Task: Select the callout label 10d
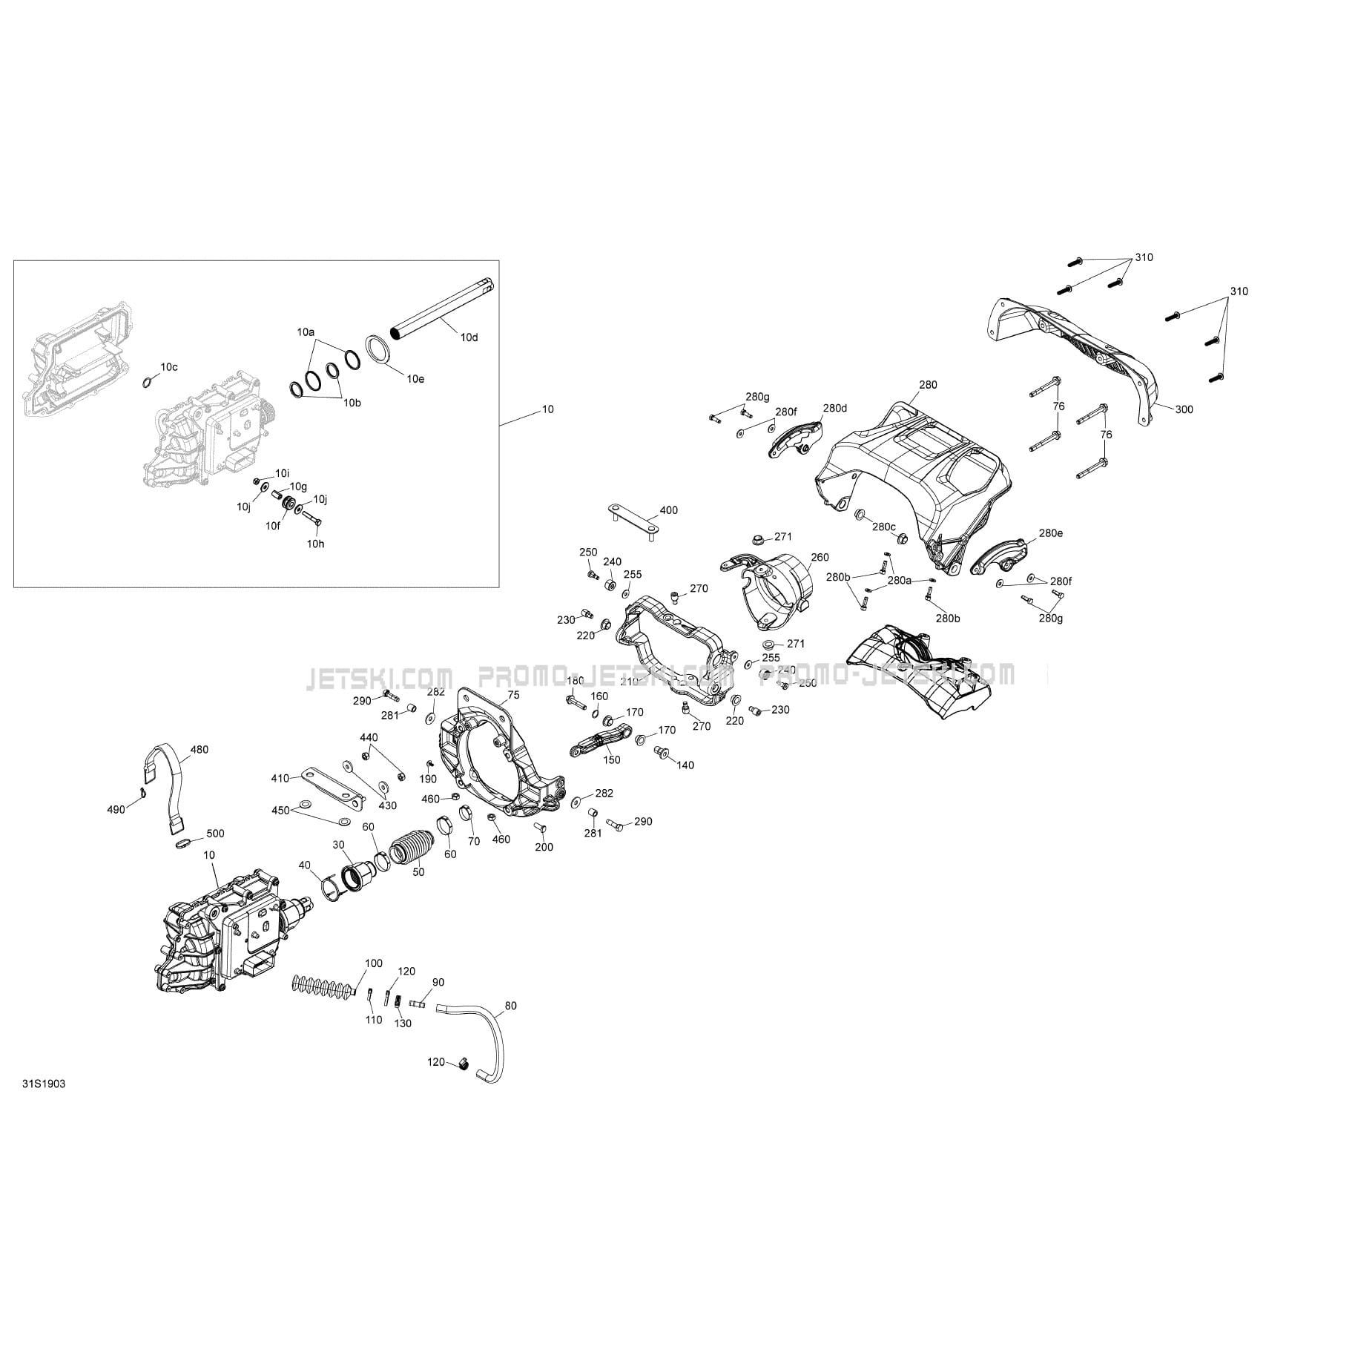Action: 469,337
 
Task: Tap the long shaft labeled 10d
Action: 444,309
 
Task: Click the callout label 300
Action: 1184,409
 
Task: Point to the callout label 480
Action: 200,749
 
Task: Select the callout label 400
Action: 668,510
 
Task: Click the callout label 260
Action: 820,557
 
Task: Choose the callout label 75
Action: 513,695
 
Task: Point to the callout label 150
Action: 611,760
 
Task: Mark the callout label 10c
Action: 169,366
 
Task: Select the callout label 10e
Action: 415,378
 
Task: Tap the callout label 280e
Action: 1050,533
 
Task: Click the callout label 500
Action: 215,834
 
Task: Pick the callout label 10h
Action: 316,544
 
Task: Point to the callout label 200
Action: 544,847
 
